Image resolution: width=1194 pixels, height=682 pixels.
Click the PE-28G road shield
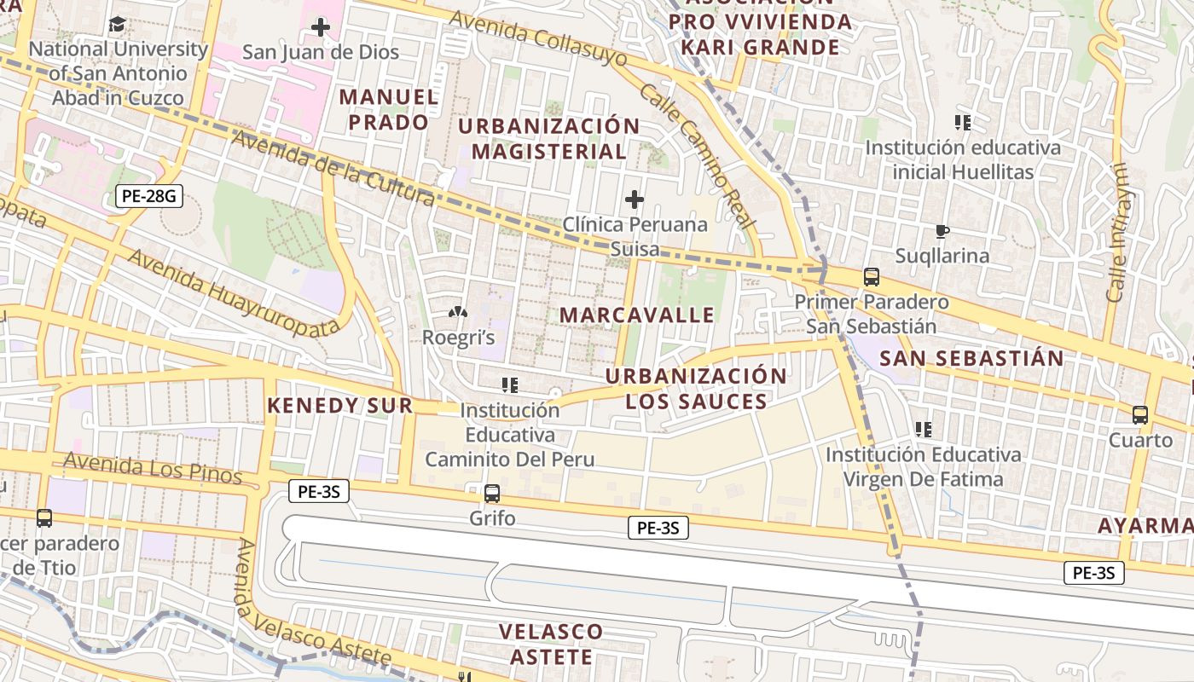point(149,197)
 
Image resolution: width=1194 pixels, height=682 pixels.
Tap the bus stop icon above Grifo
point(492,493)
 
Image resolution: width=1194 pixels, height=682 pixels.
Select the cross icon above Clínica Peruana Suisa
point(635,199)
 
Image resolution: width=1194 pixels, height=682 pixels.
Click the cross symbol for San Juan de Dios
point(321,27)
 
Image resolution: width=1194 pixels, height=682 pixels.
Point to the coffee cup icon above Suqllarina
point(942,231)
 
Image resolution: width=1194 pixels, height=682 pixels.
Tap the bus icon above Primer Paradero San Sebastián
point(871,277)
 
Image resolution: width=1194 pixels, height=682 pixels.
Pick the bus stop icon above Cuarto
point(1140,415)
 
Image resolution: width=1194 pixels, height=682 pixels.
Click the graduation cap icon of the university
point(118,25)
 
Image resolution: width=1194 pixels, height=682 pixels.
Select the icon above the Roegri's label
point(458,313)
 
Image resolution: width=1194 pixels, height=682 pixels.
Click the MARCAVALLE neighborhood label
point(637,315)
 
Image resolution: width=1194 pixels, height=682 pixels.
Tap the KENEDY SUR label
point(340,405)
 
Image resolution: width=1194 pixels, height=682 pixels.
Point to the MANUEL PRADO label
point(389,109)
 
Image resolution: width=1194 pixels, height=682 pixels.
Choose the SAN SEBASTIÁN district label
point(971,358)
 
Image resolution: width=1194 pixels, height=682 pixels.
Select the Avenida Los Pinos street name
point(153,469)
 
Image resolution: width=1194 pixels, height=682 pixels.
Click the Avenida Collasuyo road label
point(538,38)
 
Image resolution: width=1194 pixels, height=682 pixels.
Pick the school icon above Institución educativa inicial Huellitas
point(964,123)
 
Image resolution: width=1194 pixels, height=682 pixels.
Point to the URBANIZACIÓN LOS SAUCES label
point(696,388)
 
